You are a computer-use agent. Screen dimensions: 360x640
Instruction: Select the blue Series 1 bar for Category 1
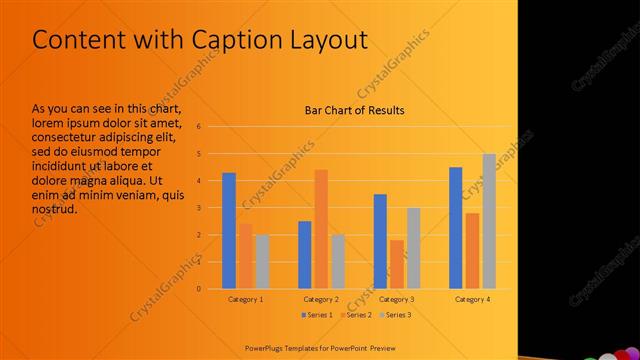[x=229, y=231]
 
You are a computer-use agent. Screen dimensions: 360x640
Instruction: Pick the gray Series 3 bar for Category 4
[x=488, y=221]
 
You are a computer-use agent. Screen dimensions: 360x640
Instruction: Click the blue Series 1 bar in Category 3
[x=380, y=241]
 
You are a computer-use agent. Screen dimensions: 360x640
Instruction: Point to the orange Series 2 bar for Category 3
[x=397, y=264]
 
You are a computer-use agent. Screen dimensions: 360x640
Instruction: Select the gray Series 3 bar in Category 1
[x=262, y=262]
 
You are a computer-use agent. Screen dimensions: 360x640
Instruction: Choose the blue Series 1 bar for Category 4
[x=456, y=228]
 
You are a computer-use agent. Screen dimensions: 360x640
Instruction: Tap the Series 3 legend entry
[x=395, y=315]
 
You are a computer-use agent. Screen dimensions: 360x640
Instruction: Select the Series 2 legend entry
[x=358, y=315]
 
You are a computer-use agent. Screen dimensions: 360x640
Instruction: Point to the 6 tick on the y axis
[x=200, y=127]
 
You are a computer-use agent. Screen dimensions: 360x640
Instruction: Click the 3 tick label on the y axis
[x=200, y=208]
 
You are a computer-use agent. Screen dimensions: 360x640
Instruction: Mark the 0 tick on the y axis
[x=200, y=289]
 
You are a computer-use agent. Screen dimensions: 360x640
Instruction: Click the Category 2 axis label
[x=321, y=299]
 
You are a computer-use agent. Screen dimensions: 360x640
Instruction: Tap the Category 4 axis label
[x=472, y=299]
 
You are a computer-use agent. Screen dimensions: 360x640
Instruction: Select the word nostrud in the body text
[x=55, y=209]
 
